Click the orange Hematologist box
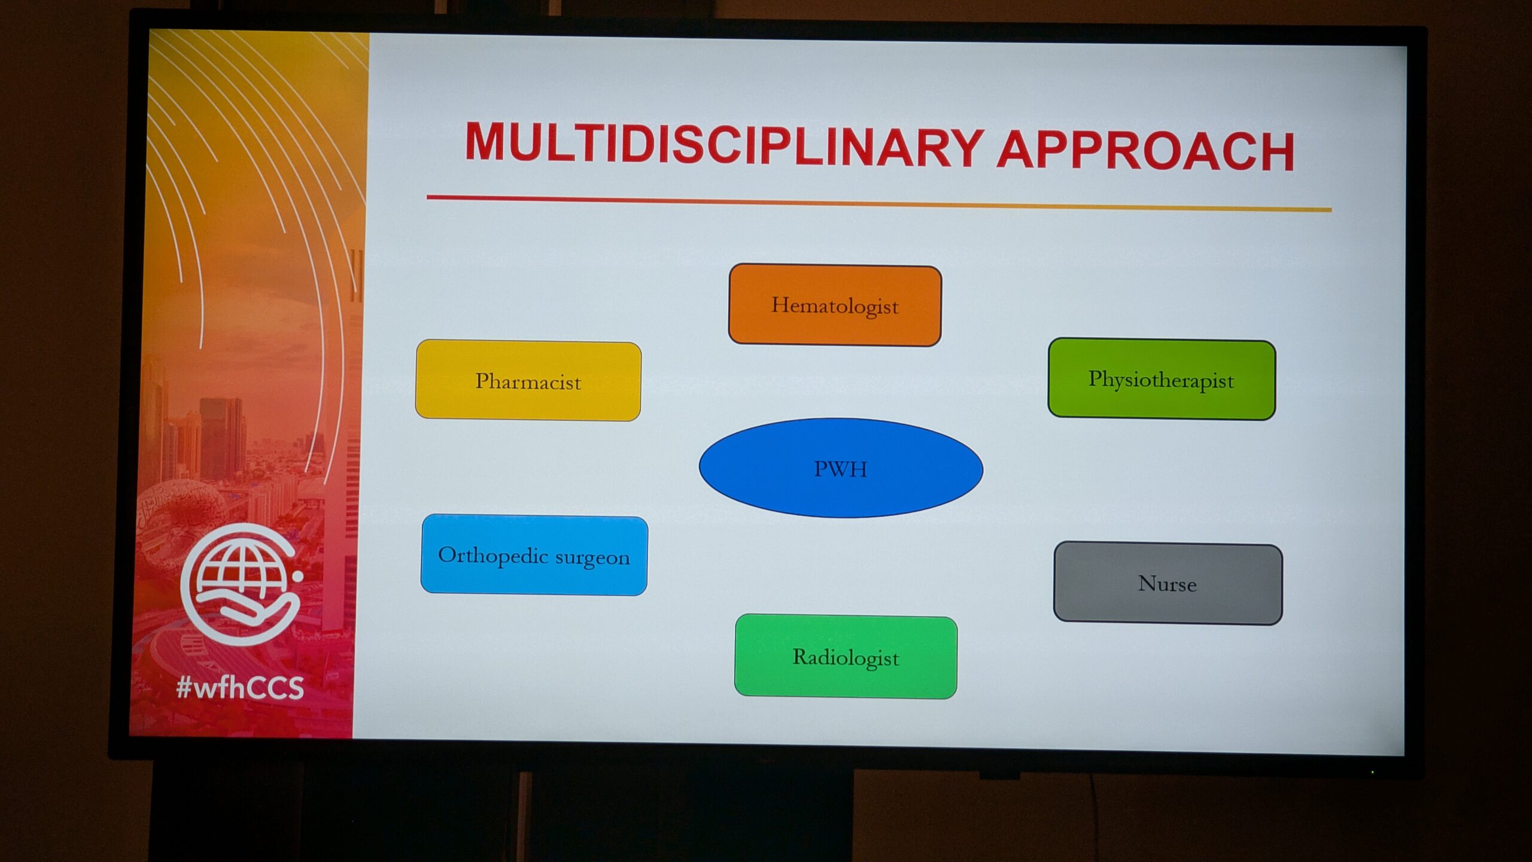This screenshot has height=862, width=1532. coord(835,305)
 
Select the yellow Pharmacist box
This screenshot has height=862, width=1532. coord(528,380)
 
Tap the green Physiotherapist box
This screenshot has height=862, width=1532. coord(1162,379)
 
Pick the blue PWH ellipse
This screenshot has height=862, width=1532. coord(841,468)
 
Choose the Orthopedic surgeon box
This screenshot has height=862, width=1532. coord(534,555)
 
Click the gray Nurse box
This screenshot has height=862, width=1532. coord(1168,583)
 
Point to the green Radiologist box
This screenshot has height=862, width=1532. coord(846,657)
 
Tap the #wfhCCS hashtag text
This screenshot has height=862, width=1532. coord(240,688)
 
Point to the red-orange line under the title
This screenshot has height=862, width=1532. coord(879,203)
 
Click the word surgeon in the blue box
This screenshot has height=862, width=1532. coord(592,558)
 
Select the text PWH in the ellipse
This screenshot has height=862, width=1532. coord(841,469)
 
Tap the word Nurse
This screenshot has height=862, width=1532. coord(1168,584)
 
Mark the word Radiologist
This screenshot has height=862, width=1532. coord(846,658)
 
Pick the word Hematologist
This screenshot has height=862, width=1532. coord(835,306)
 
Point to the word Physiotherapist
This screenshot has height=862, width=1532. coord(1161,380)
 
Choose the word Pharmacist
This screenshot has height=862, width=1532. coord(528,381)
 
